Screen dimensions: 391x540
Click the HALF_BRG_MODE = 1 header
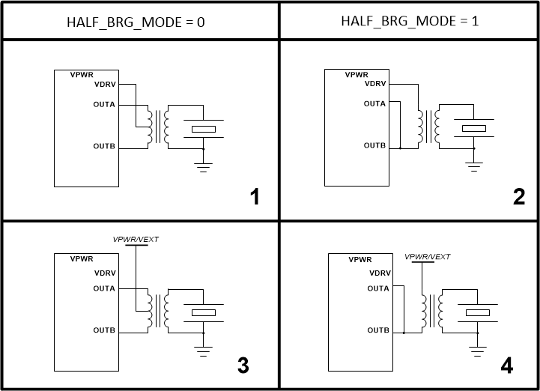410,21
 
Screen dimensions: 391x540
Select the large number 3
243,366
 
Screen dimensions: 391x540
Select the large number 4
507,366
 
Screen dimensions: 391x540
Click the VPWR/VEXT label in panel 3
136,239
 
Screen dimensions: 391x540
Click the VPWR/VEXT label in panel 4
427,257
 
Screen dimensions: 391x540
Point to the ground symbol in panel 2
474,166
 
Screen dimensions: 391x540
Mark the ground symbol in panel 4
476,349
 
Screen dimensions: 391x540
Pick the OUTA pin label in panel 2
374,104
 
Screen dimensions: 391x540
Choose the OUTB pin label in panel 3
103,330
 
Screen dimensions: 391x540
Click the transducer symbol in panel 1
204,130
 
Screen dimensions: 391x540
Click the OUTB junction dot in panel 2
401,148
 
